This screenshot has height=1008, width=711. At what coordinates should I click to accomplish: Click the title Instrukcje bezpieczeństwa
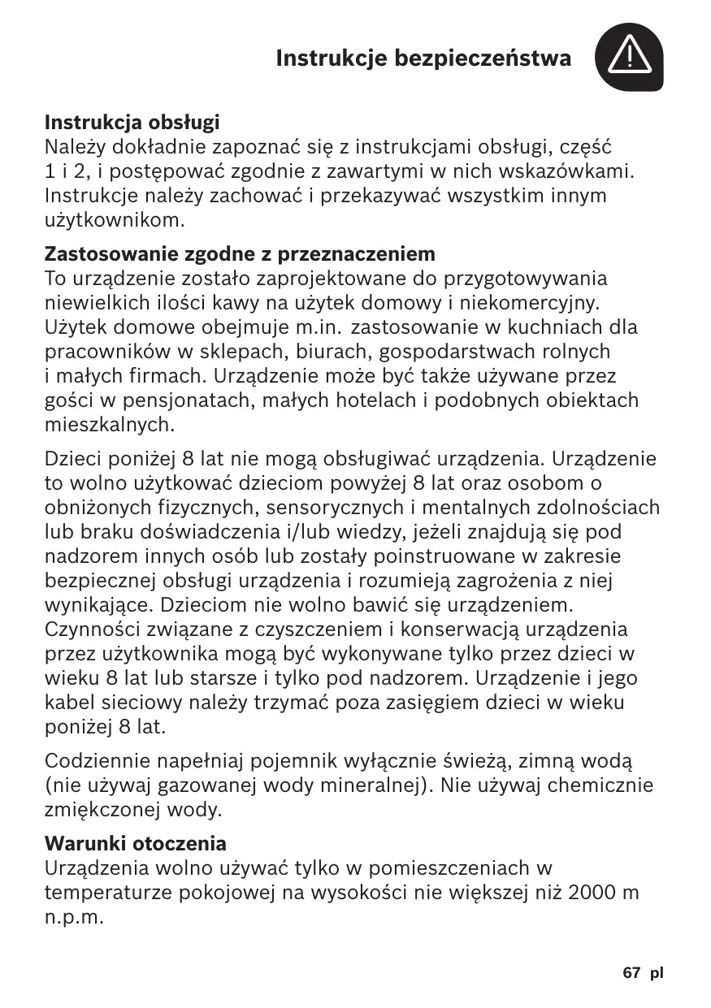(423, 58)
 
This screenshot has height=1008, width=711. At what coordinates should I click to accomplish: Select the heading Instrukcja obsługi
(132, 123)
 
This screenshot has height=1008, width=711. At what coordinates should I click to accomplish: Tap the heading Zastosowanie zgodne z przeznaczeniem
(240, 254)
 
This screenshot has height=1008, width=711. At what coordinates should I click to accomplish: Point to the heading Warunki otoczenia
(136, 842)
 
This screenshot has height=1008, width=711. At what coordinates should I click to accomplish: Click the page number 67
(632, 972)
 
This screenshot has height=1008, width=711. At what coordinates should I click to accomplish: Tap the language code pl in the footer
(657, 972)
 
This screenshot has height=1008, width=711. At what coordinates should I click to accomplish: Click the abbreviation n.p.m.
(75, 918)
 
